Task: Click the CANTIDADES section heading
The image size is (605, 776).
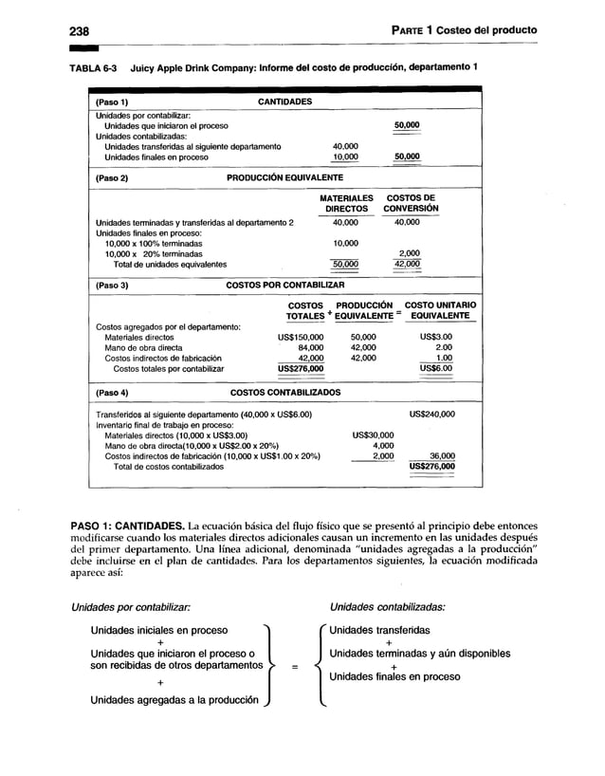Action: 285,101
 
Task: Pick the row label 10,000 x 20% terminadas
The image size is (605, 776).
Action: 153,254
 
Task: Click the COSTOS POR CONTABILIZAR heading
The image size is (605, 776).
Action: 284,284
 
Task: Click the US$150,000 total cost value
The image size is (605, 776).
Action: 300,336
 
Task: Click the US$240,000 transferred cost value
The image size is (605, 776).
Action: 431,415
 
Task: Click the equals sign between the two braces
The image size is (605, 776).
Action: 294,667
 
